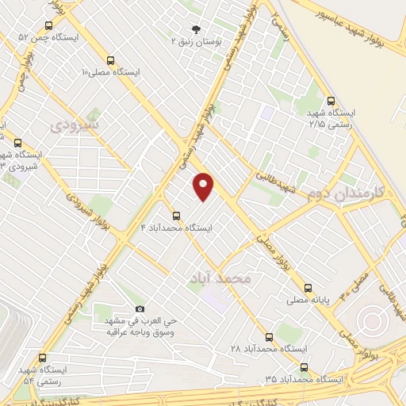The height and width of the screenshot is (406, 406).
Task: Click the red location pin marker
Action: tap(204, 186)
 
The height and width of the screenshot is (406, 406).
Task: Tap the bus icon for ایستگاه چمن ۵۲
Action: tap(53, 25)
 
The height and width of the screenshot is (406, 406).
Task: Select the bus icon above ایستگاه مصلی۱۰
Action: tap(109, 59)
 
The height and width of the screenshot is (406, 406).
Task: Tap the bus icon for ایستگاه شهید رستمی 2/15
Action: tap(331, 101)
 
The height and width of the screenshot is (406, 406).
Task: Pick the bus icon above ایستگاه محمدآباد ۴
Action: tap(176, 215)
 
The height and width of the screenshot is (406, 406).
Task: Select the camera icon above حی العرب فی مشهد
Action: tap(140, 308)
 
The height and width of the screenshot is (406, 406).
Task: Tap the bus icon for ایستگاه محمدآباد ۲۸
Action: tap(268, 337)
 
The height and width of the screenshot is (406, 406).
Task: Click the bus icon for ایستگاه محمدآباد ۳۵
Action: tap(304, 367)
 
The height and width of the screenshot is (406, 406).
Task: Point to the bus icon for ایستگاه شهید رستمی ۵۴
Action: tap(42, 358)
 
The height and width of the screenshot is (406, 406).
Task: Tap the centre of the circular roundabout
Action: tap(370, 322)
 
